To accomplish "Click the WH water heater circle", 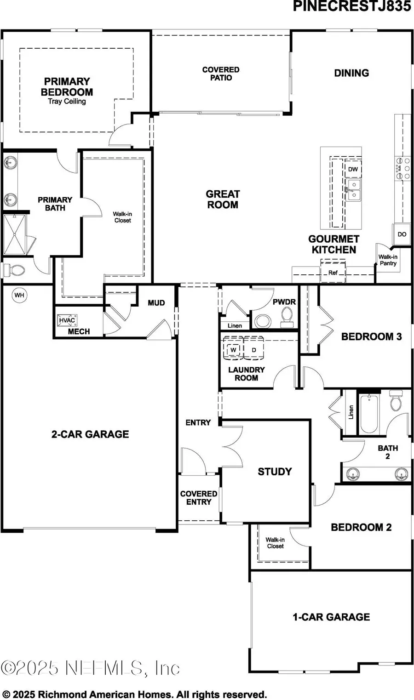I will pyautogui.click(x=19, y=295).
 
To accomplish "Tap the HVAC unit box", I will pyautogui.click(x=67, y=320).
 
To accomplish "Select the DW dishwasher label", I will pyautogui.click(x=353, y=170).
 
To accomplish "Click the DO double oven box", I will pyautogui.click(x=402, y=234).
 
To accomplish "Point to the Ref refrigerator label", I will pyautogui.click(x=333, y=273).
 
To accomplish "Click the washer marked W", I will pyautogui.click(x=233, y=350).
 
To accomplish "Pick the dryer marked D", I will pyautogui.click(x=253, y=350).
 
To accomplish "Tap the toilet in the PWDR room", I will pyautogui.click(x=287, y=317).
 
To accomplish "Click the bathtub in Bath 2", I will pyautogui.click(x=369, y=413).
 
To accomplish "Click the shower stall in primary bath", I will pyautogui.click(x=15, y=233).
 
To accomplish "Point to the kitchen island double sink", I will pyautogui.click(x=353, y=190).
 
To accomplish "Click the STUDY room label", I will pyautogui.click(x=275, y=472).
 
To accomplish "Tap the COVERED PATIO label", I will pyautogui.click(x=221, y=74).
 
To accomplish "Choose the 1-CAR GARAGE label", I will pyautogui.click(x=331, y=617).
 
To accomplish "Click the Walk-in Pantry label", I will pyautogui.click(x=388, y=260).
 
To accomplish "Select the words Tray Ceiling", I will pyautogui.click(x=67, y=101).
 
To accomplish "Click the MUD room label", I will pyautogui.click(x=156, y=303).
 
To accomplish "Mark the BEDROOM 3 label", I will pyautogui.click(x=371, y=336).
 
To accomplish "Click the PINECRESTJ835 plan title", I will pyautogui.click(x=352, y=6).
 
